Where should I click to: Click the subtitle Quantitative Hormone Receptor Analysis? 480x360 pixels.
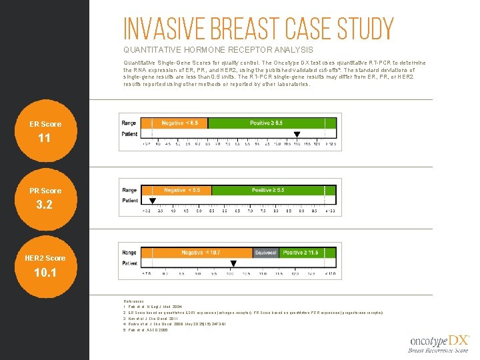coord(218,50)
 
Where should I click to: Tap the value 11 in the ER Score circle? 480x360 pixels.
coord(45,139)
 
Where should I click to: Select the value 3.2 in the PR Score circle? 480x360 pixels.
coord(45,205)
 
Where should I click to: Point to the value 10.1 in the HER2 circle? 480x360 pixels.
coord(45,273)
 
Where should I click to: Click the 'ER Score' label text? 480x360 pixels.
coord(45,124)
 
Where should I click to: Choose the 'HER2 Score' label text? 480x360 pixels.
coord(45,258)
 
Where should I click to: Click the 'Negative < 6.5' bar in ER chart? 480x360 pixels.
coord(184,123)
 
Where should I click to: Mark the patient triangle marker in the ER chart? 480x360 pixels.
coord(297,134)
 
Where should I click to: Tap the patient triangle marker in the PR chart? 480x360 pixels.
coord(152,201)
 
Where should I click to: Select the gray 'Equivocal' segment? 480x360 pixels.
coord(266,253)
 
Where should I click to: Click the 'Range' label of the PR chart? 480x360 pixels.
coord(129,190)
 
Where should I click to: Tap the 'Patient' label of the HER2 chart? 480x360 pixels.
coord(130,263)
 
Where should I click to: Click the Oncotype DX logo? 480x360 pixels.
coord(439,343)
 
